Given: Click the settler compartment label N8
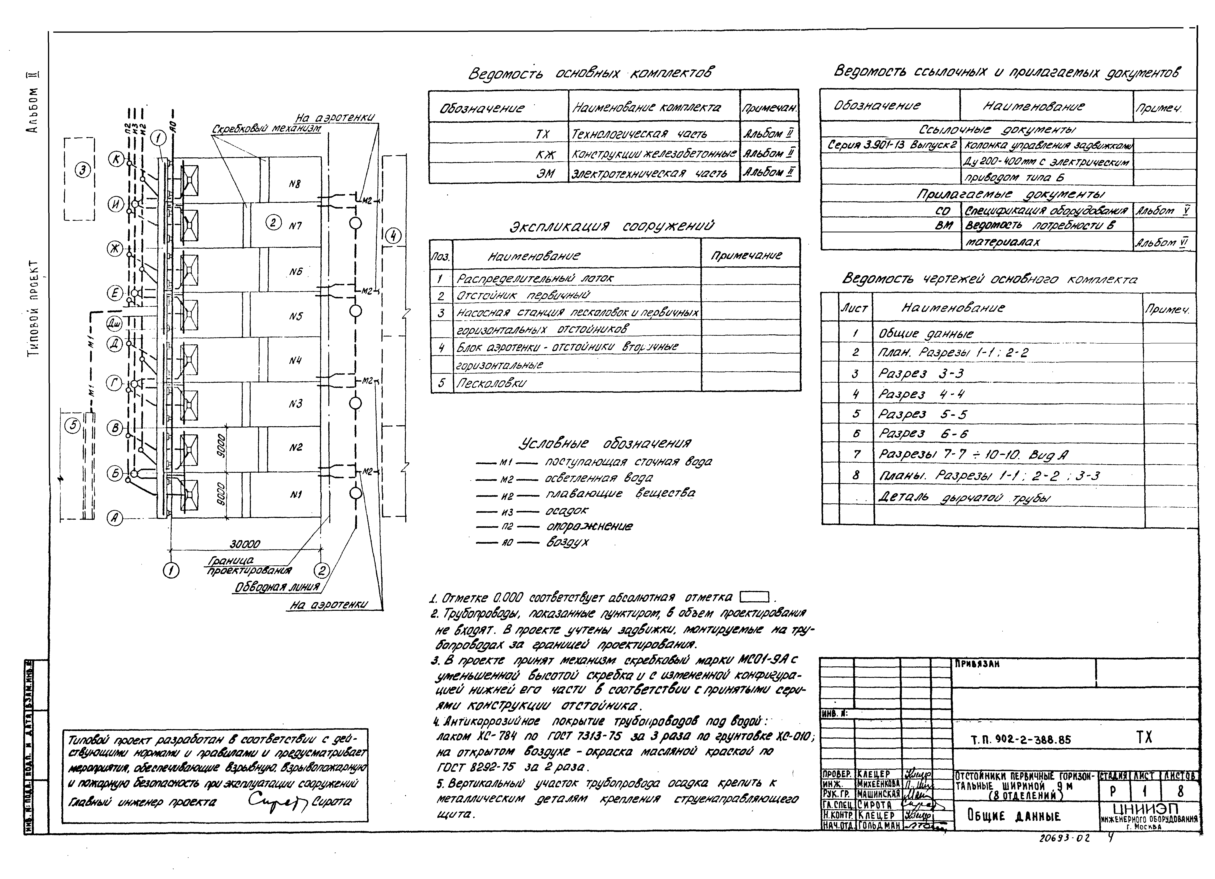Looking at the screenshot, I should (x=295, y=184).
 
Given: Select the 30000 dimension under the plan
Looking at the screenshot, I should (x=245, y=544).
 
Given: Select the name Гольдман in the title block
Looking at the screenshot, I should (x=878, y=825).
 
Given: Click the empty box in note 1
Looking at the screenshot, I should (x=754, y=597).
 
